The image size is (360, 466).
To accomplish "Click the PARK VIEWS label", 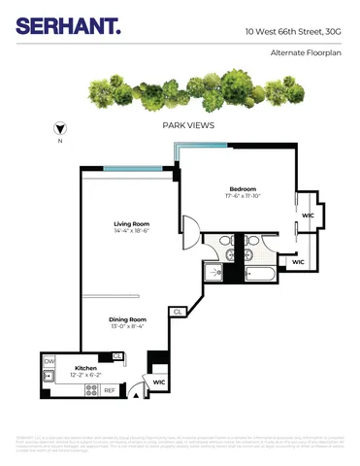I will [x=188, y=126].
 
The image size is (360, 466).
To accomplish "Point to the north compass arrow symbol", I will [x=61, y=127].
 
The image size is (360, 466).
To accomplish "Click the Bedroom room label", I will [x=242, y=187].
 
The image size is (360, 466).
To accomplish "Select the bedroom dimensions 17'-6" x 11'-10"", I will [x=242, y=196].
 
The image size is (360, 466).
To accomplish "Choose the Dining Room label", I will [x=127, y=319].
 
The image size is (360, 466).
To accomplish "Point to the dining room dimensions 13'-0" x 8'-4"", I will [x=127, y=328].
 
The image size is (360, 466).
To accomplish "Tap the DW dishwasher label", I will [x=49, y=361].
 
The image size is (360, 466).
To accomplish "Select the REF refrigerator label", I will [x=110, y=390].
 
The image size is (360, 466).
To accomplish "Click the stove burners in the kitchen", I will [x=92, y=390].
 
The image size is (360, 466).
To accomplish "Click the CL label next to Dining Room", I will [x=178, y=312].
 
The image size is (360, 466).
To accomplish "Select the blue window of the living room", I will [x=128, y=169].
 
